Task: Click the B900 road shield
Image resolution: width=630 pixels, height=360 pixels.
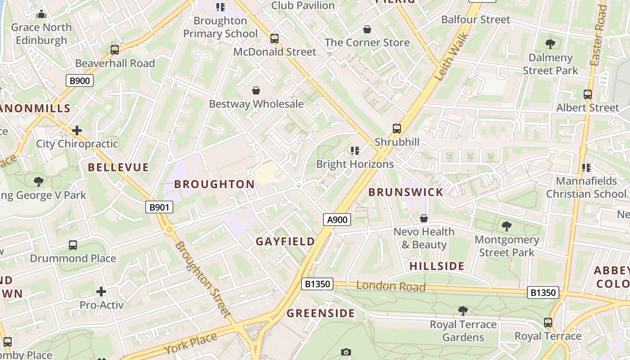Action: tap(80, 81)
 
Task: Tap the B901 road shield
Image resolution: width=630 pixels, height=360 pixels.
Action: tap(159, 207)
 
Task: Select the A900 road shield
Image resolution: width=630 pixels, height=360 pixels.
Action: tap(337, 220)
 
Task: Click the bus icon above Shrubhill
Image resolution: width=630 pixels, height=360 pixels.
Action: tap(396, 129)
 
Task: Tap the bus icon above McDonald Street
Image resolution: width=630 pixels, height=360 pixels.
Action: tap(274, 39)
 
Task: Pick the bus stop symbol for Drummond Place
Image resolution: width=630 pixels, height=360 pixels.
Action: tap(73, 245)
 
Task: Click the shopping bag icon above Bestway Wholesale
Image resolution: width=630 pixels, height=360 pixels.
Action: tap(256, 91)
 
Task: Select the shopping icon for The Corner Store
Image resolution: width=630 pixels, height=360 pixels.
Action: tap(367, 30)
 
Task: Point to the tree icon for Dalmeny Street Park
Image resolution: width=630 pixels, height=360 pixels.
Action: tap(550, 44)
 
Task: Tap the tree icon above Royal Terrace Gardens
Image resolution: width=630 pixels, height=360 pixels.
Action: tap(463, 310)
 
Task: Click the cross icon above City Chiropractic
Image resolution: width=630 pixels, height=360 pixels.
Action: tap(77, 131)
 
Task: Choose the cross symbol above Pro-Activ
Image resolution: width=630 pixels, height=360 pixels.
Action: tap(101, 292)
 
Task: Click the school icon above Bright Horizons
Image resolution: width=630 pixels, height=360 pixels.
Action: tap(355, 151)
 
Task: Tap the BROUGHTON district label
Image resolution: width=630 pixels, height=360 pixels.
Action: tap(215, 184)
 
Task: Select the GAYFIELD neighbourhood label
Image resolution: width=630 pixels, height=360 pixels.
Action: tap(285, 242)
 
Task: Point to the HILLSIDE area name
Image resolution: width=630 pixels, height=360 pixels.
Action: tap(436, 266)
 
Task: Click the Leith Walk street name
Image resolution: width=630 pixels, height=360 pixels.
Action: tap(452, 56)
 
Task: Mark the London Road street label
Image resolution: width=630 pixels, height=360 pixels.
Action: tap(391, 286)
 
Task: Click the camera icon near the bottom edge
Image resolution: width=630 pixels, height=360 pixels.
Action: tap(346, 352)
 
